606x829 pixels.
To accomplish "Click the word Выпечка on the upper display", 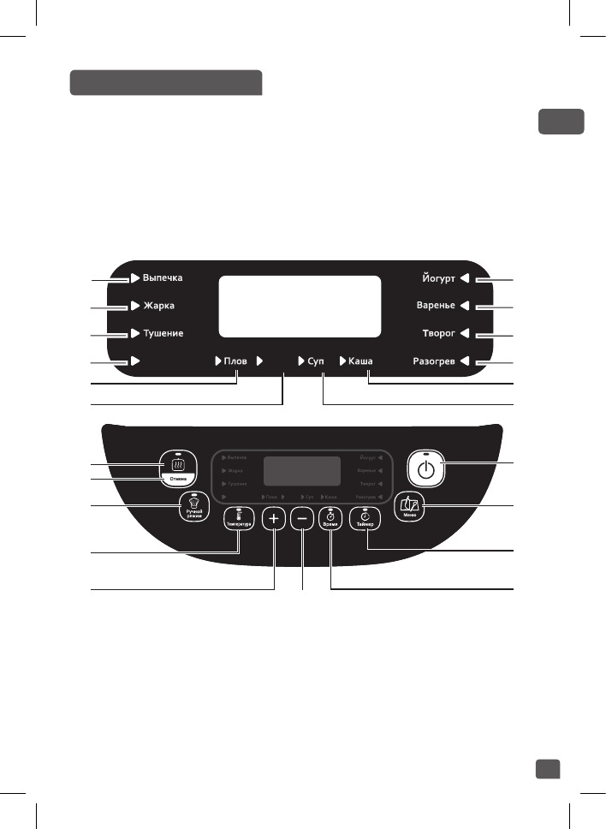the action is (163, 278).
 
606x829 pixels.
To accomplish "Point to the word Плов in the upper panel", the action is (235, 361).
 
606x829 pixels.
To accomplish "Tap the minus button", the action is (301, 519).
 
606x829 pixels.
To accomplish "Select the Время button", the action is (330, 519).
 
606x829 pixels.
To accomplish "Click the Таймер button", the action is (365, 519).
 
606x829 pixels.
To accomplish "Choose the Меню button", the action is (410, 505).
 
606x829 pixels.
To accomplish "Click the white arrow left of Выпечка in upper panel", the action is (135, 278).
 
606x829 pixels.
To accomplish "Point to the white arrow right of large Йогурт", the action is (463, 278).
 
